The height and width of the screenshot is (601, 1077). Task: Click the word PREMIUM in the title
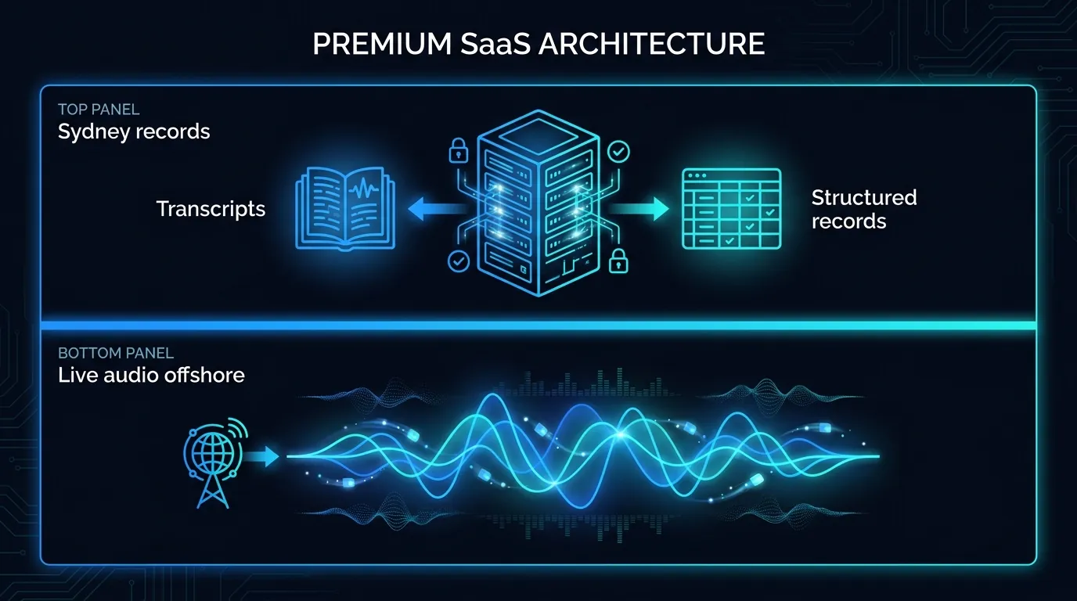pos(382,44)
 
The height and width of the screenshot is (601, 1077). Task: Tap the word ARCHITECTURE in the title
pos(651,44)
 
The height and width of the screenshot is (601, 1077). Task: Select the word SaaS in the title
pos(495,44)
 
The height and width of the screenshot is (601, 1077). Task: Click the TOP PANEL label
pos(99,110)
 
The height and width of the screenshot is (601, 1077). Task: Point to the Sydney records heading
pos(134,131)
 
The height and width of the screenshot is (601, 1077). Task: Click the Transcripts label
pos(211,209)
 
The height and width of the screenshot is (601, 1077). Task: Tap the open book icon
pos(345,209)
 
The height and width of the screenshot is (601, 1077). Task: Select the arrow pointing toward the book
pos(438,209)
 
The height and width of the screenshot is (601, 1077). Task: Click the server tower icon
pos(538,203)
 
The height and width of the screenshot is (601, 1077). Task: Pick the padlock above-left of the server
pos(458,150)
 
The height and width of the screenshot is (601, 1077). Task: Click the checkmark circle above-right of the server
pos(618,152)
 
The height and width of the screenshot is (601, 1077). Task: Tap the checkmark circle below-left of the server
pos(458,261)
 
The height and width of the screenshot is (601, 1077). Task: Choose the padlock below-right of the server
pos(618,261)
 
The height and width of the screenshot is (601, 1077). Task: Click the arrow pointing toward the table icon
pos(639,209)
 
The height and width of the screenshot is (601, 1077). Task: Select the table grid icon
pos(731,209)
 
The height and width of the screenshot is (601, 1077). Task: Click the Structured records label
pos(864,209)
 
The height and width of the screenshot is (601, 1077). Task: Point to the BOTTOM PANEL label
pos(115,354)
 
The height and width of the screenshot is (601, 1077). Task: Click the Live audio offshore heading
pos(151,375)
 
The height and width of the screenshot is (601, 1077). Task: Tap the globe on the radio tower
pos(213,452)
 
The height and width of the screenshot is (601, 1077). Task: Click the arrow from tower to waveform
pos(261,456)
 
